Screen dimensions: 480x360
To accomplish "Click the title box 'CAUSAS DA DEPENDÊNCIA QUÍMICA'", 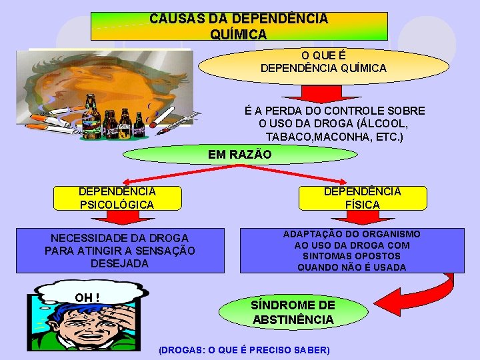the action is pyautogui.click(x=239, y=26).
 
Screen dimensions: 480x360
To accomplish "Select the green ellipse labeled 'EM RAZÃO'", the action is pyautogui.click(x=241, y=155).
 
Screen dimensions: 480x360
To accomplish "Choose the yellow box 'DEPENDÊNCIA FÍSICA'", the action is pyautogui.click(x=363, y=198).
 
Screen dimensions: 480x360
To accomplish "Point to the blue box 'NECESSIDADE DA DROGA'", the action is pyautogui.click(x=120, y=251).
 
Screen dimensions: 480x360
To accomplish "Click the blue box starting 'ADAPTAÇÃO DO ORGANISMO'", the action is pyautogui.click(x=352, y=251).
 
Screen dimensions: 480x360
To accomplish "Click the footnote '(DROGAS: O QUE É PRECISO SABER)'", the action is pyautogui.click(x=244, y=350).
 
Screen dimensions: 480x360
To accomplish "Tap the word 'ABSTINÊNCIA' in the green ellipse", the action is pyautogui.click(x=293, y=320).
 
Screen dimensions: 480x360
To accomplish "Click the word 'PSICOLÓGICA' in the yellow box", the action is pyautogui.click(x=116, y=205).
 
